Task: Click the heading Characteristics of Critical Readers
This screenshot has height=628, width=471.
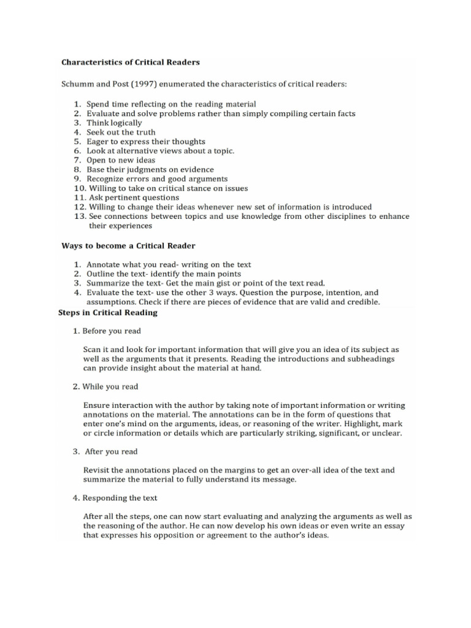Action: coord(130,62)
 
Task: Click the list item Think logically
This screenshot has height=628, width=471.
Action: coord(115,123)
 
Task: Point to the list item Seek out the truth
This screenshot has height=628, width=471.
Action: coord(121,132)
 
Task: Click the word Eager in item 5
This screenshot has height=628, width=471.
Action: coord(98,142)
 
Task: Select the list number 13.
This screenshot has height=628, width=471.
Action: coord(79,216)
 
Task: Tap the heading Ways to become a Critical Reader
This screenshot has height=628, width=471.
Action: coord(128,246)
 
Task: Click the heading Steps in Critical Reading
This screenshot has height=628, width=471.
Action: coord(107,312)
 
